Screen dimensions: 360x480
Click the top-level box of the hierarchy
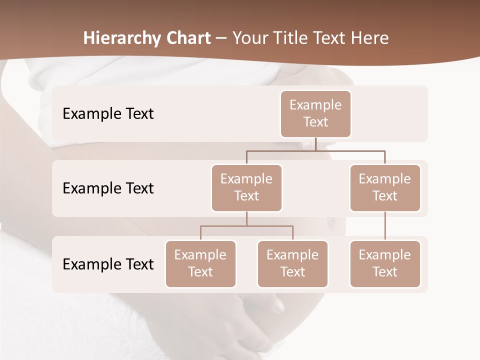pyautogui.click(x=315, y=114)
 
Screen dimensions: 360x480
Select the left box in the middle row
pyautogui.click(x=246, y=188)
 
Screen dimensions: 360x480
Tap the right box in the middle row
pyautogui.click(x=385, y=188)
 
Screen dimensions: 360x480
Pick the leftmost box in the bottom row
pyautogui.click(x=200, y=264)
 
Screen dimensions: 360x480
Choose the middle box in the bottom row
pyautogui.click(x=292, y=264)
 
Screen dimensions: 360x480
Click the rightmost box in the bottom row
pyautogui.click(x=385, y=264)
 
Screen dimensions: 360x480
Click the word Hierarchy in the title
pyautogui.click(x=121, y=38)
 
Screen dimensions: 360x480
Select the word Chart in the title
pyautogui.click(x=187, y=38)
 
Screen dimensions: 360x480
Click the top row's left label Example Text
pyautogui.click(x=108, y=114)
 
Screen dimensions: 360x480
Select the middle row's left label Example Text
pyautogui.click(x=108, y=188)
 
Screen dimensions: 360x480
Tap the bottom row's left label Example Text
pyautogui.click(x=108, y=264)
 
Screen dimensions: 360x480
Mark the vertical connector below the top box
pyautogui.click(x=315, y=144)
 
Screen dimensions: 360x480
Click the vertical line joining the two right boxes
pyautogui.click(x=385, y=226)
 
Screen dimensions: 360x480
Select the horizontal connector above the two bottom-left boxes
pyautogui.click(x=246, y=226)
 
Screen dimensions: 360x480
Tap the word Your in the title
pyautogui.click(x=250, y=38)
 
